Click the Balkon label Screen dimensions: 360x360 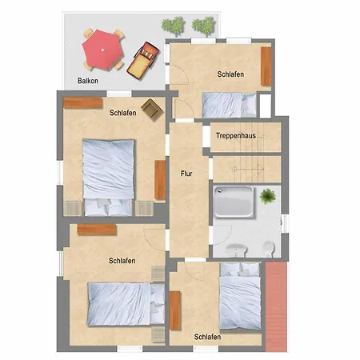[88, 81]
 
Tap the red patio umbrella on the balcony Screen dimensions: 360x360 [103, 50]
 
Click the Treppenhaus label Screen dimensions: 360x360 [236, 135]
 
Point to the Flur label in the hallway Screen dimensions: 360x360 [186, 174]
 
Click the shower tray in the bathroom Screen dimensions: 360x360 [234, 202]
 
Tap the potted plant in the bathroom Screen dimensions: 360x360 [268, 196]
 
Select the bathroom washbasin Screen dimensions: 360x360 [236, 250]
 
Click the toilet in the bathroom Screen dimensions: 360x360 [269, 249]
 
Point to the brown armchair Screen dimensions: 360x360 [152, 110]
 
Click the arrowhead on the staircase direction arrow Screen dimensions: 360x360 [261, 169]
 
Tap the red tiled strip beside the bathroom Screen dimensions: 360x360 [276, 306]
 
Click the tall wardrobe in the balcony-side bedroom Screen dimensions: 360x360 [266, 66]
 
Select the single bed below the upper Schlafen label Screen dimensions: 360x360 [230, 105]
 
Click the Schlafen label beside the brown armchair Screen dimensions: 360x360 [123, 113]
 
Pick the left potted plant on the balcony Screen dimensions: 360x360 [174, 26]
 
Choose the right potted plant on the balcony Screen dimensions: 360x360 [204, 26]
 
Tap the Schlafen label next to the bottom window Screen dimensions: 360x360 [207, 337]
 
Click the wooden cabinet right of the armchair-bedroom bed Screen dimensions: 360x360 [160, 180]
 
